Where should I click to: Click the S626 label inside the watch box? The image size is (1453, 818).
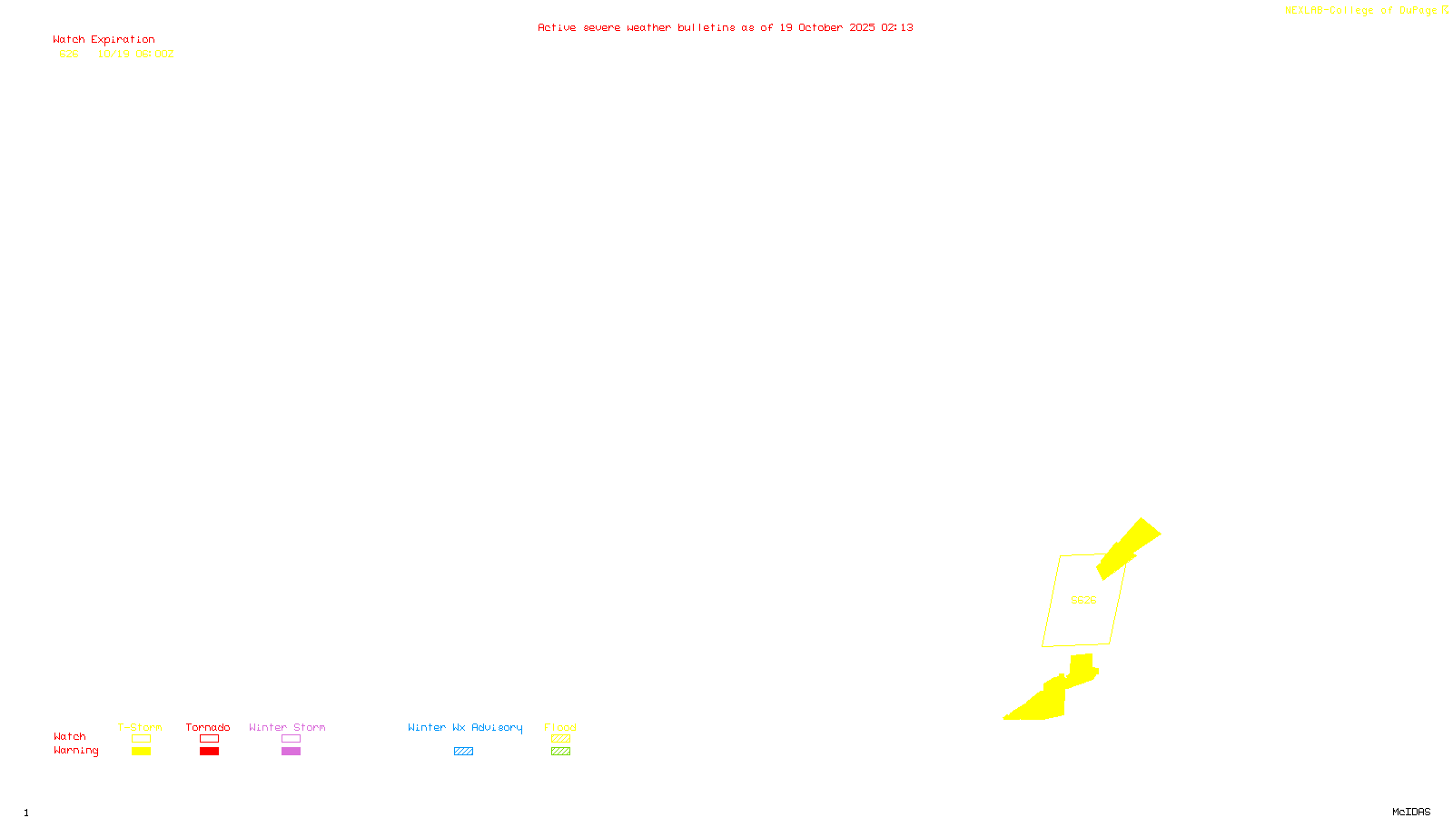click(x=1083, y=600)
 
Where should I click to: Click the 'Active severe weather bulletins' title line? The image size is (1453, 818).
click(x=725, y=27)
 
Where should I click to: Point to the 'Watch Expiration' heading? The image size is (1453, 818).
click(x=104, y=40)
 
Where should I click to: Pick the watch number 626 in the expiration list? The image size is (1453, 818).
click(x=69, y=54)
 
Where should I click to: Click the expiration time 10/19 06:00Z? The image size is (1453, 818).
click(x=135, y=54)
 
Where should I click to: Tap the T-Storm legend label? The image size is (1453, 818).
click(x=140, y=727)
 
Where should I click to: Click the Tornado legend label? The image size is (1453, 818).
click(x=208, y=727)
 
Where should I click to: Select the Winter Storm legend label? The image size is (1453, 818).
click(x=287, y=727)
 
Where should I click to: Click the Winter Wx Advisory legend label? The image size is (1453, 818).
click(x=465, y=727)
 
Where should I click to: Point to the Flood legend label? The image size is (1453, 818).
click(x=560, y=727)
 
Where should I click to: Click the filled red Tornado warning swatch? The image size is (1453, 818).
click(x=210, y=752)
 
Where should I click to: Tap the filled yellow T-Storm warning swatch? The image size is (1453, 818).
click(x=141, y=752)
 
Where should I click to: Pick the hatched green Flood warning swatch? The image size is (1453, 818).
click(x=561, y=752)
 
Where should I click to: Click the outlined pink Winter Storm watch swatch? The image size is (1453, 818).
click(x=291, y=739)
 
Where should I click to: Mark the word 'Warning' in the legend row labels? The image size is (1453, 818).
click(x=76, y=751)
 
